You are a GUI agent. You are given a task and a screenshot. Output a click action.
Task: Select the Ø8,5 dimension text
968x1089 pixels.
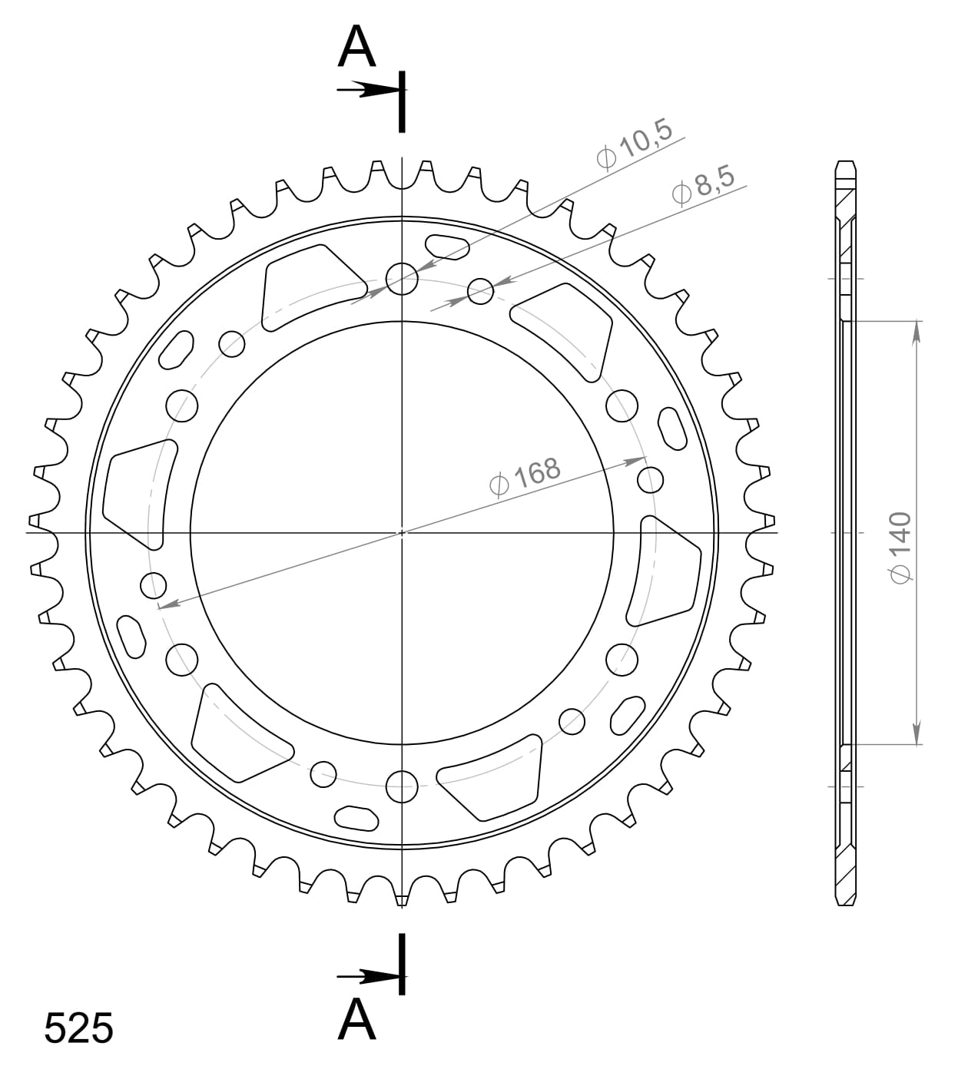(703, 187)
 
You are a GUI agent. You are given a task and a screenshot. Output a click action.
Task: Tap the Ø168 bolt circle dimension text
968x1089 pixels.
(525, 476)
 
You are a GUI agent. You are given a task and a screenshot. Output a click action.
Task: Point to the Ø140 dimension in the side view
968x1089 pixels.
(900, 547)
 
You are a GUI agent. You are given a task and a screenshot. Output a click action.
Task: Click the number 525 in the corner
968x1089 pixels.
(78, 1028)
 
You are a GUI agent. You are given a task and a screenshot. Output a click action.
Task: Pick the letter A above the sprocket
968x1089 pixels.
(357, 48)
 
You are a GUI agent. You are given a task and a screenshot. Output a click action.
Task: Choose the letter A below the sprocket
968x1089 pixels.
(357, 1020)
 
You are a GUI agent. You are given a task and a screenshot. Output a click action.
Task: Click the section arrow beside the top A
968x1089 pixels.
(366, 91)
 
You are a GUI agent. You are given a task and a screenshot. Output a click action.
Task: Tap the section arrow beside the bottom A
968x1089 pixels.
(366, 976)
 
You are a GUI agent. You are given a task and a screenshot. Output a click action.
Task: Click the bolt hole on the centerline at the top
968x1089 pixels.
(402, 279)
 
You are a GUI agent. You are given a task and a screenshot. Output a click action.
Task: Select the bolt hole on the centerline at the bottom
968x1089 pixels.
(402, 785)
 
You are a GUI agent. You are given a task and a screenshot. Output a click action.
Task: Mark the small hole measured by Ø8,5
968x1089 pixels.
(481, 290)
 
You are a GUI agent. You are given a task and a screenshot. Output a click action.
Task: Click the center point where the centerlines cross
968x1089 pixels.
(402, 531)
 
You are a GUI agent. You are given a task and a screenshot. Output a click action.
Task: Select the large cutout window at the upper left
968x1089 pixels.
(311, 287)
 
